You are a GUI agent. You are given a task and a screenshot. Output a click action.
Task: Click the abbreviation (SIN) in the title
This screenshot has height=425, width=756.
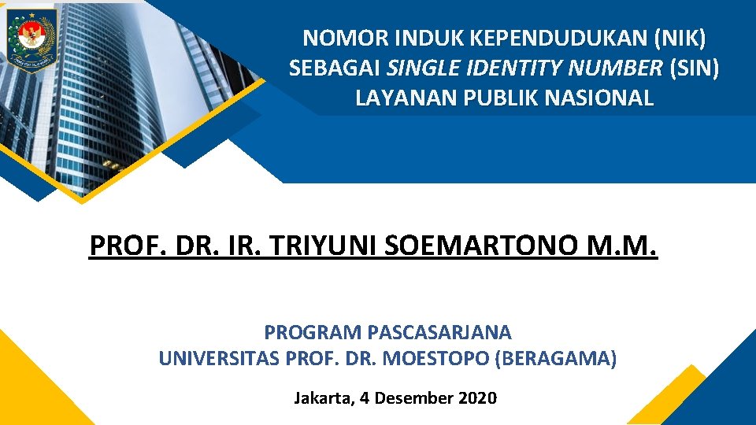(694, 68)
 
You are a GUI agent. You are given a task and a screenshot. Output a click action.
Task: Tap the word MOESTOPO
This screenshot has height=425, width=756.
(435, 359)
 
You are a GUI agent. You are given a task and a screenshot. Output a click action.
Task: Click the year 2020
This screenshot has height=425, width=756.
(477, 398)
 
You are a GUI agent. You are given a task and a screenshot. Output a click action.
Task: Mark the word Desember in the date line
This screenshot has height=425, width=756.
(413, 398)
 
